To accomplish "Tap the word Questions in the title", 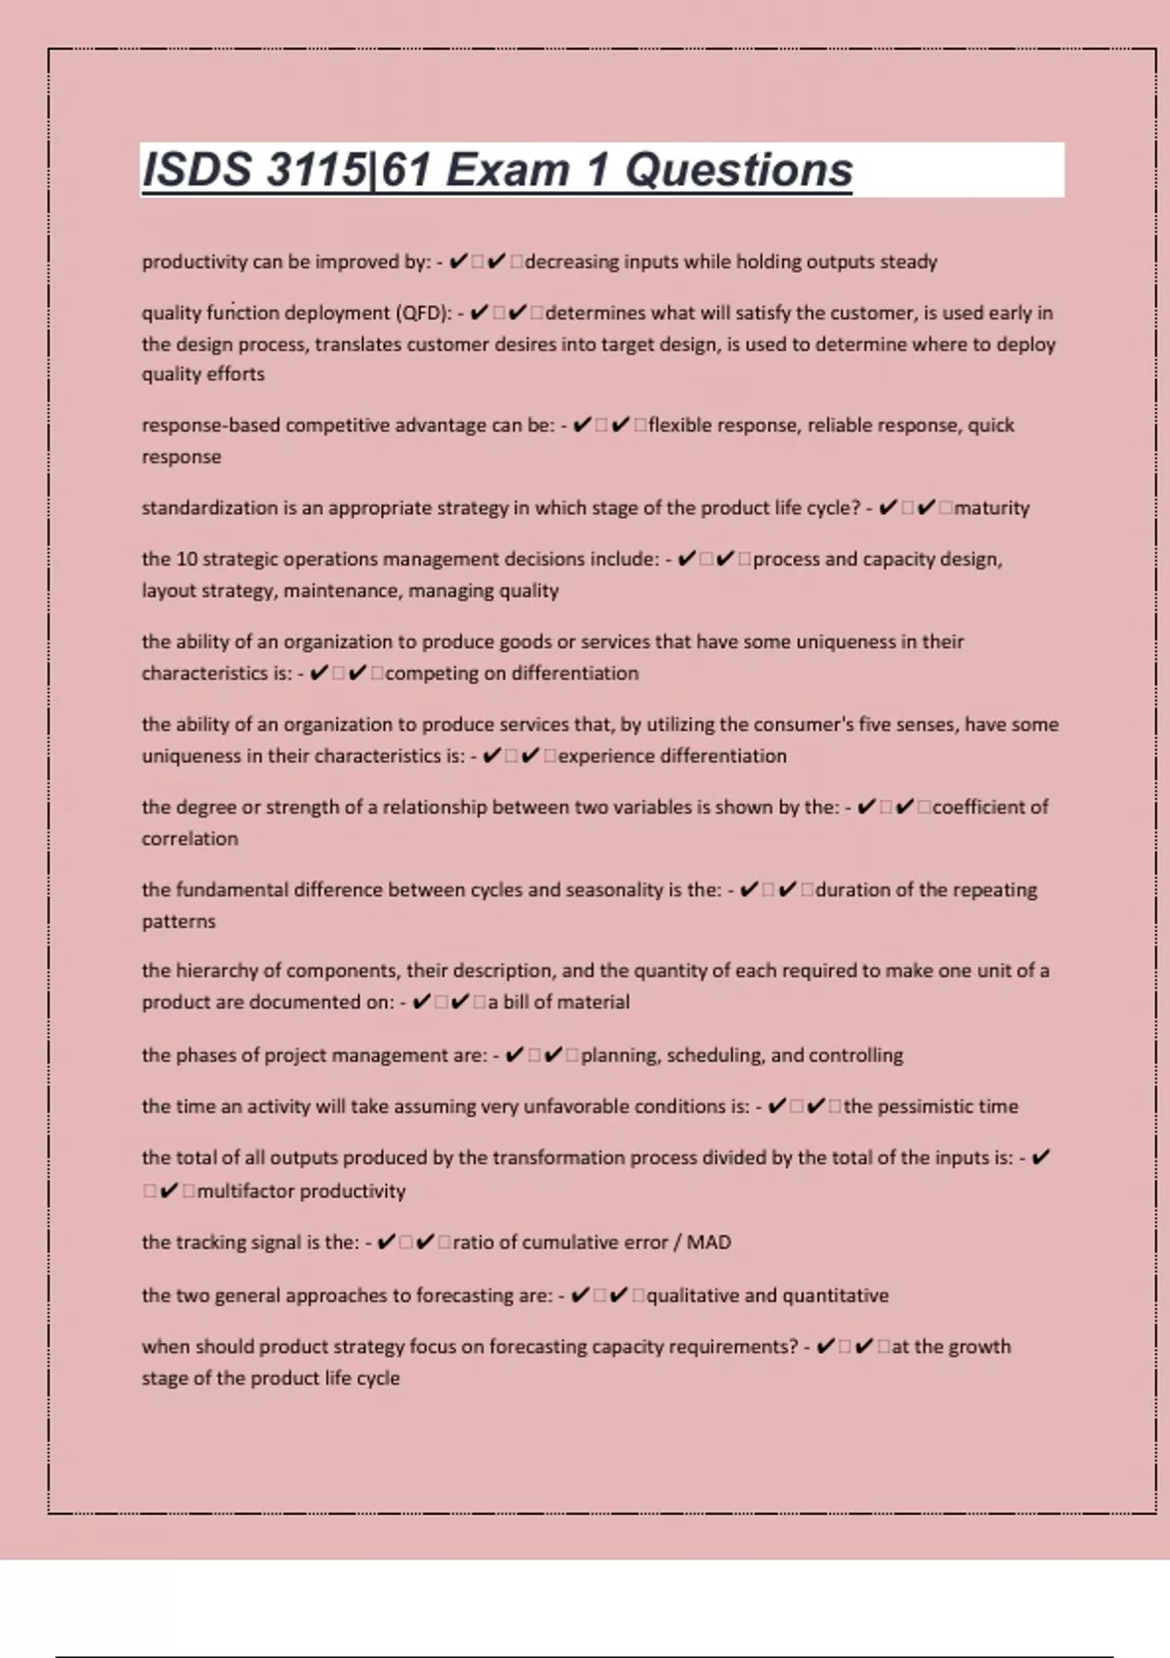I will tap(738, 170).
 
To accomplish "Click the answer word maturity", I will tap(992, 508).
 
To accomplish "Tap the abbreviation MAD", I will tap(709, 1243).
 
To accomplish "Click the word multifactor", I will tap(246, 1191).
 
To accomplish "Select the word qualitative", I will tap(692, 1296).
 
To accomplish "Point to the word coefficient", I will tap(979, 808).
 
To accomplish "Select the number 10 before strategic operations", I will tap(186, 560).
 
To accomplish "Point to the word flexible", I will tap(682, 425).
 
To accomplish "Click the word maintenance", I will tap(340, 591).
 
